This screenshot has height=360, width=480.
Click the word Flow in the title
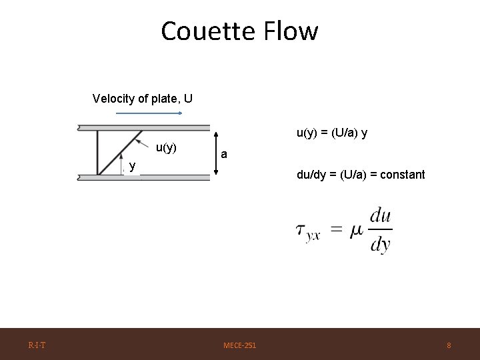[291, 31]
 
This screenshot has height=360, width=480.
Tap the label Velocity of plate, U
[143, 99]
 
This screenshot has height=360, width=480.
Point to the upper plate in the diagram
[143, 127]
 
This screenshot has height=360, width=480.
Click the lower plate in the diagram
[143, 177]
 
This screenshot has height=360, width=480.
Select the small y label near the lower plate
[133, 166]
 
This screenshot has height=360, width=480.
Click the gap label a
[225, 155]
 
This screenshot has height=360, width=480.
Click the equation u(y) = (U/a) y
[331, 133]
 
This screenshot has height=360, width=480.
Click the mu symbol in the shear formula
[357, 230]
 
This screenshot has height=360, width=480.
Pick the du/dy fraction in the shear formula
[380, 230]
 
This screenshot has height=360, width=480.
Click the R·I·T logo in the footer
[37, 345]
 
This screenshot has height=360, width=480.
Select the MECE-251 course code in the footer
[240, 345]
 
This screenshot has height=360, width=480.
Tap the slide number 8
[449, 345]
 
